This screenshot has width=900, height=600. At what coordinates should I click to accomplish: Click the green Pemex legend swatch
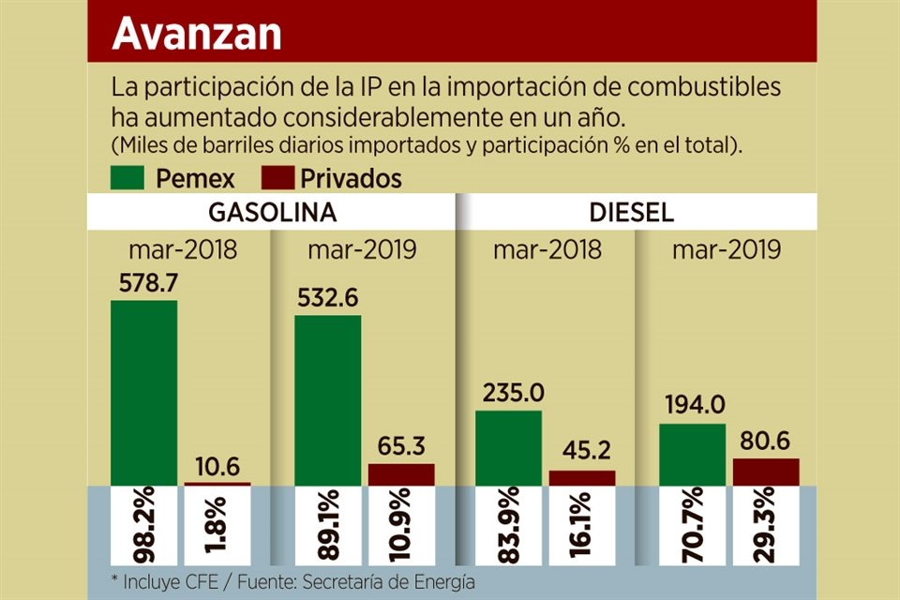coord(127,178)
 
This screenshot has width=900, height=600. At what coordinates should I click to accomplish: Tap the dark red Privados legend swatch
coord(276,178)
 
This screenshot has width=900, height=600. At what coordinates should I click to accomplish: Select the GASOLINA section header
coord(272,212)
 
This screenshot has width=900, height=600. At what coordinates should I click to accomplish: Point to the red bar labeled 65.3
coord(400,474)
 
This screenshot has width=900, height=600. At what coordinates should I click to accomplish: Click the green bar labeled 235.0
coord(508,447)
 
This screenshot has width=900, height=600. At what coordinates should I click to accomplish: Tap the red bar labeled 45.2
coord(581,477)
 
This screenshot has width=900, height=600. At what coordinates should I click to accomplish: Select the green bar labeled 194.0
coord(692,454)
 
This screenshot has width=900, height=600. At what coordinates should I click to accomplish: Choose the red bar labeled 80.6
coord(765,472)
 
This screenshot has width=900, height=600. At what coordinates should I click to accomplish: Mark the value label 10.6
coord(217,465)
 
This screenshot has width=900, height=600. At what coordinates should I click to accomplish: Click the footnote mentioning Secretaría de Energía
coord(292,582)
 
